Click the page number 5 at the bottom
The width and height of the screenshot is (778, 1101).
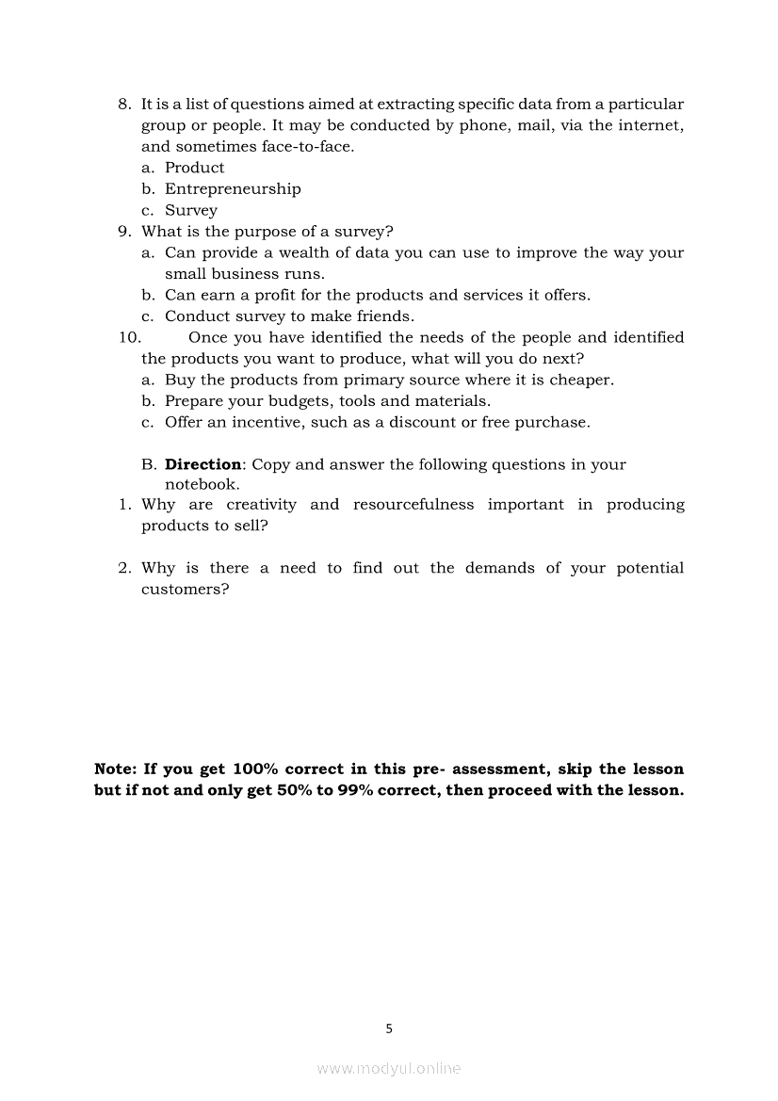389,1028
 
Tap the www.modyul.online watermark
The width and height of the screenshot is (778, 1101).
389,1068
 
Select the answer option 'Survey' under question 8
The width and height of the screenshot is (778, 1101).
191,210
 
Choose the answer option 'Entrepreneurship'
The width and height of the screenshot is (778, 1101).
233,188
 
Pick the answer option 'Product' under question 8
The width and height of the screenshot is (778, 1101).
195,168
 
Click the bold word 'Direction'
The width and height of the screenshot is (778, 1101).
203,464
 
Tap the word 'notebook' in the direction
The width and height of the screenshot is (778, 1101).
200,485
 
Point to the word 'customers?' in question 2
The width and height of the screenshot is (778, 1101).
185,590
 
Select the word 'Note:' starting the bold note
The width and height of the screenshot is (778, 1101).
116,769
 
